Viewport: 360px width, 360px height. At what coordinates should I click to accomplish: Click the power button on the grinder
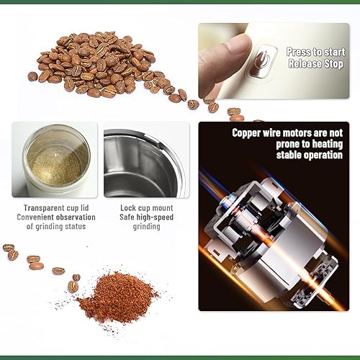(262, 62)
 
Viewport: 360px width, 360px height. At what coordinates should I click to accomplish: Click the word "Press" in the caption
(298, 52)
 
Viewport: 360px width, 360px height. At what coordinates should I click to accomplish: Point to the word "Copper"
(246, 133)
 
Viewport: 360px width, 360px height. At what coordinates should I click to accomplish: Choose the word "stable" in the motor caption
(289, 155)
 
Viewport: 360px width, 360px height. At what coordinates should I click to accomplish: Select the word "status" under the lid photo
(75, 226)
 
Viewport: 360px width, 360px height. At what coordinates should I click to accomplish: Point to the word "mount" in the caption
(163, 208)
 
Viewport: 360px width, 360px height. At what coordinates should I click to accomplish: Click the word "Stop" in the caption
(334, 64)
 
